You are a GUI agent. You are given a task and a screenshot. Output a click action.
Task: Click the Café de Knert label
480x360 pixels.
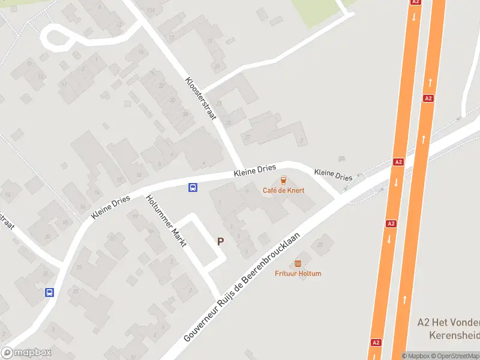(x=283, y=190)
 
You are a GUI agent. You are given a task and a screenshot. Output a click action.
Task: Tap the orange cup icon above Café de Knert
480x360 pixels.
(x=283, y=180)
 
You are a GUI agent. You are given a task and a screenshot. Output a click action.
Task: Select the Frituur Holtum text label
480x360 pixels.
(x=298, y=274)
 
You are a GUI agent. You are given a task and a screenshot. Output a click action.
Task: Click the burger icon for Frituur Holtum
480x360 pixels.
(x=298, y=264)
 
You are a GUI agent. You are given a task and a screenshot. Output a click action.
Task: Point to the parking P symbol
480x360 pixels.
(x=220, y=241)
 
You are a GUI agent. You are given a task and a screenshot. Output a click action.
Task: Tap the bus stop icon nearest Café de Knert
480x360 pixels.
(x=193, y=187)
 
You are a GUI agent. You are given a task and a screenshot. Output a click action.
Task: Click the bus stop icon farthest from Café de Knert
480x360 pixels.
(x=49, y=292)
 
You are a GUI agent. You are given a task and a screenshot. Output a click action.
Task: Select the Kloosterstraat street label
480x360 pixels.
(x=200, y=98)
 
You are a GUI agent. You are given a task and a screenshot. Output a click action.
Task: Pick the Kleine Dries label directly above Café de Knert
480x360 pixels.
(x=254, y=171)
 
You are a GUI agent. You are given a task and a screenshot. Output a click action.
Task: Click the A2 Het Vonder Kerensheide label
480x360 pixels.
(x=448, y=328)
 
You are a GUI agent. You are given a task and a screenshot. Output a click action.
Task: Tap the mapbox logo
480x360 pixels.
(x=26, y=352)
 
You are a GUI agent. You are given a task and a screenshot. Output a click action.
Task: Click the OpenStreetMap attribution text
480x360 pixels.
(x=458, y=356)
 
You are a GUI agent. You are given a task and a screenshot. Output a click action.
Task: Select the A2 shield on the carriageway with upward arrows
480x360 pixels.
(x=428, y=98)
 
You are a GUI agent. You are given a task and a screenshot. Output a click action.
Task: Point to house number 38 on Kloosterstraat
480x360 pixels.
(x=185, y=114)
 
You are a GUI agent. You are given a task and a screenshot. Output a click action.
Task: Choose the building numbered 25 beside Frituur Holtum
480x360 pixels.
(x=320, y=244)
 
